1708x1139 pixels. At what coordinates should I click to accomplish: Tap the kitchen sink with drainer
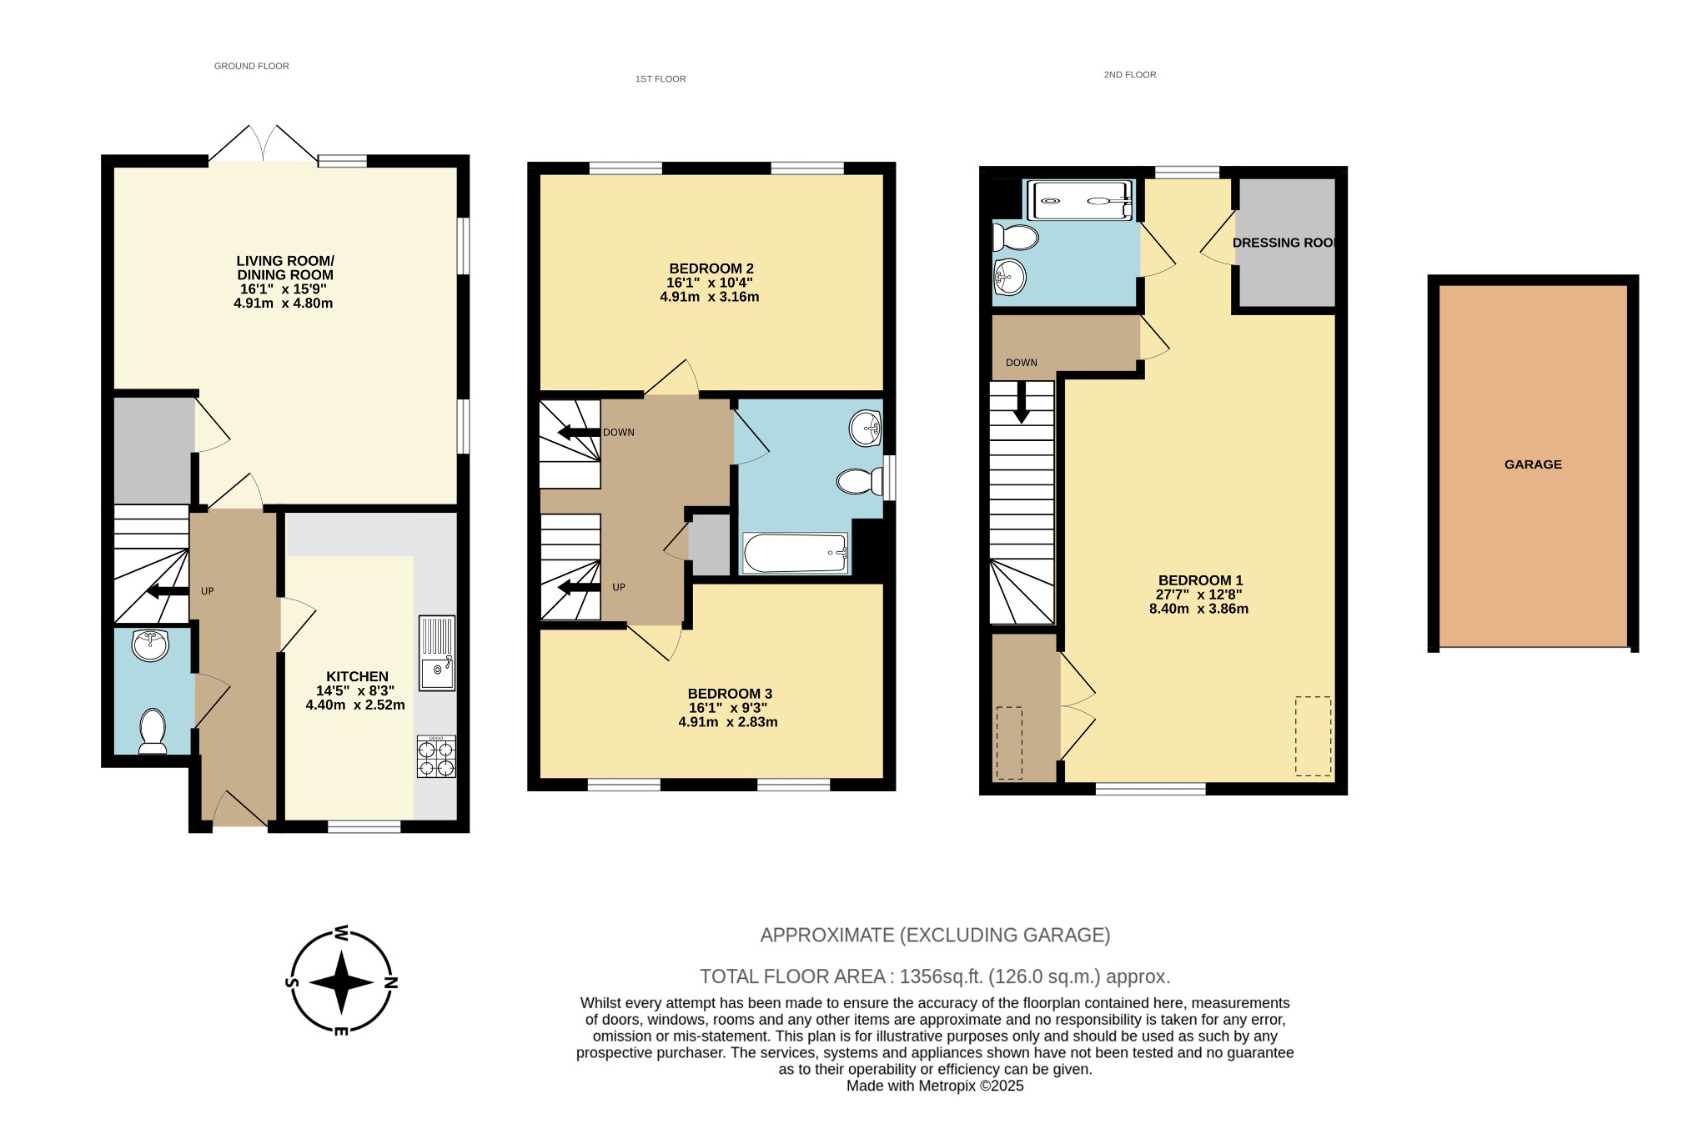click(x=437, y=653)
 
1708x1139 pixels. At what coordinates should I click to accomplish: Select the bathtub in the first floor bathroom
click(x=795, y=554)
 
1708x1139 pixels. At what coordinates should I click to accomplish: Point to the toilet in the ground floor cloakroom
click(x=153, y=730)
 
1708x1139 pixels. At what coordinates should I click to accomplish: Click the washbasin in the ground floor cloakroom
click(x=151, y=645)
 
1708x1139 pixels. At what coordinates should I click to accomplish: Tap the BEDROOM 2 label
click(x=711, y=268)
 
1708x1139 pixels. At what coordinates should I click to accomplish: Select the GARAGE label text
click(x=1533, y=464)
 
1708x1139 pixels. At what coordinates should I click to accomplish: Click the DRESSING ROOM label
click(x=1285, y=243)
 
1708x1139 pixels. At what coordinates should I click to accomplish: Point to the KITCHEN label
click(x=357, y=676)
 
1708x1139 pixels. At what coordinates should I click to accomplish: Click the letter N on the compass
click(x=390, y=982)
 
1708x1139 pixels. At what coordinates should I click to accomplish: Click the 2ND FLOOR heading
click(x=1129, y=75)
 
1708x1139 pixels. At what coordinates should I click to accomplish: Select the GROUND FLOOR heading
click(x=251, y=66)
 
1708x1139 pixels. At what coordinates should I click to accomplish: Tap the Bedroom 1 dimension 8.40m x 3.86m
click(x=1198, y=609)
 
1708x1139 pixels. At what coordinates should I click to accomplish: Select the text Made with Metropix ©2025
click(x=934, y=1086)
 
